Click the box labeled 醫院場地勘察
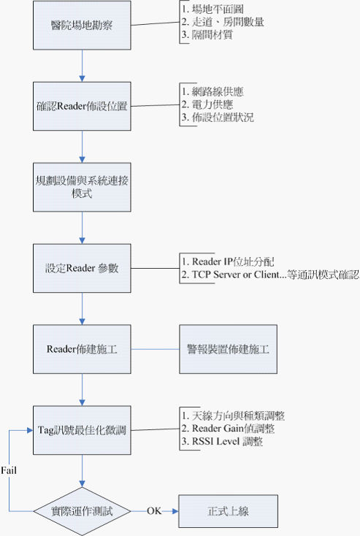pyautogui.click(x=82, y=26)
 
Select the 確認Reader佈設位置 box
pyautogui.click(x=82, y=107)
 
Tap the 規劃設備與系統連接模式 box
pyautogui.click(x=82, y=187)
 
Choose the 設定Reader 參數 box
pyautogui.click(x=82, y=267)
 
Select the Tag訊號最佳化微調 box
pyautogui.click(x=82, y=429)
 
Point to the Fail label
pyautogui.click(x=9, y=467)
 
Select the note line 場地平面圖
pyautogui.click(x=215, y=10)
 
